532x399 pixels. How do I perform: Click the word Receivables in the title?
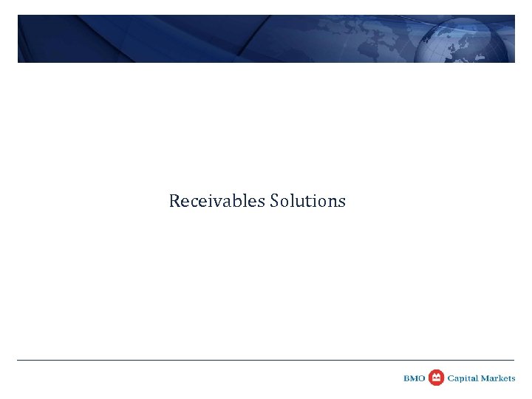coord(217,201)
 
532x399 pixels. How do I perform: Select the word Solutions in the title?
coord(308,201)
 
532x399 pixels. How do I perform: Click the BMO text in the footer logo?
coord(415,378)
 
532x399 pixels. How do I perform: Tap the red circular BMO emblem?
coord(436,378)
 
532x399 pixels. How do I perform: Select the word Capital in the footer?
coord(463,378)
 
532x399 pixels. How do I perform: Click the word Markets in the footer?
coord(499,378)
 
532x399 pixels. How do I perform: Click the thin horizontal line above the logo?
coord(266,360)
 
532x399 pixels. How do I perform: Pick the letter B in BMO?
coord(407,378)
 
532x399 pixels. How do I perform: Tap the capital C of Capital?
coord(451,378)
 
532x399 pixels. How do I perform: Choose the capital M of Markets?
coord(485,378)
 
